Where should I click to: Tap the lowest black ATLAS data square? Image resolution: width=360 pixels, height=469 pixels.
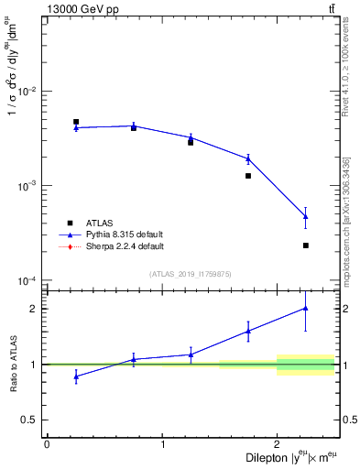[x=306, y=245]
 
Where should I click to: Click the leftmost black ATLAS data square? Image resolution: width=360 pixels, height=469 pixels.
[x=76, y=122]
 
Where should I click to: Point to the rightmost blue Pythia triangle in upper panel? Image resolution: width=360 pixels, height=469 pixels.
[x=306, y=216]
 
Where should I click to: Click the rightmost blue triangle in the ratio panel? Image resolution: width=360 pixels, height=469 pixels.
[x=306, y=308]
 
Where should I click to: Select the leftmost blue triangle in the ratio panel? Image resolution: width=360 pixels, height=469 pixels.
[x=76, y=376]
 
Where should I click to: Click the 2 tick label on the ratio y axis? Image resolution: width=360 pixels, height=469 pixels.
[x=32, y=308]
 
